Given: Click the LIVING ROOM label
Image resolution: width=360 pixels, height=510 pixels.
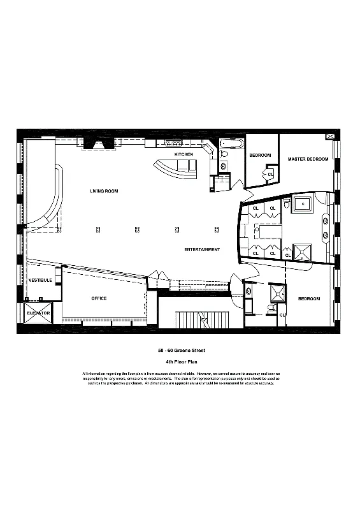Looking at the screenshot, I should click(x=103, y=191).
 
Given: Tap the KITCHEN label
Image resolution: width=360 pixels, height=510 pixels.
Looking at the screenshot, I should click(x=184, y=155).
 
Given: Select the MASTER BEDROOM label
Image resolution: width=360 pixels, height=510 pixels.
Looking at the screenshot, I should click(x=308, y=159).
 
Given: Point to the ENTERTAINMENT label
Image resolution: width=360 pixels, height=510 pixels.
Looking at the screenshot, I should click(x=202, y=249).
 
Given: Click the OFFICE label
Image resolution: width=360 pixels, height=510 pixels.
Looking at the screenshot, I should click(x=99, y=298).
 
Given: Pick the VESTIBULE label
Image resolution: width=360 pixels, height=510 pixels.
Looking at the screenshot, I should click(x=40, y=280).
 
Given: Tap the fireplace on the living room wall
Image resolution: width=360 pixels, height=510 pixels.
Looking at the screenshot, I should click(x=99, y=143).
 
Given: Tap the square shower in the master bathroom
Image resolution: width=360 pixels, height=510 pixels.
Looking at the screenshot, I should click(x=302, y=251).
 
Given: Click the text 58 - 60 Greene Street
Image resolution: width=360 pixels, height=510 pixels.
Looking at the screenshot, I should click(x=182, y=350).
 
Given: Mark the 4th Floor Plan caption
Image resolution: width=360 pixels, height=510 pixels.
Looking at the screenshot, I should click(x=182, y=361).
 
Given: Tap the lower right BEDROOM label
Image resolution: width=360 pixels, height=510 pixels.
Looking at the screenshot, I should click(x=309, y=298).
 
